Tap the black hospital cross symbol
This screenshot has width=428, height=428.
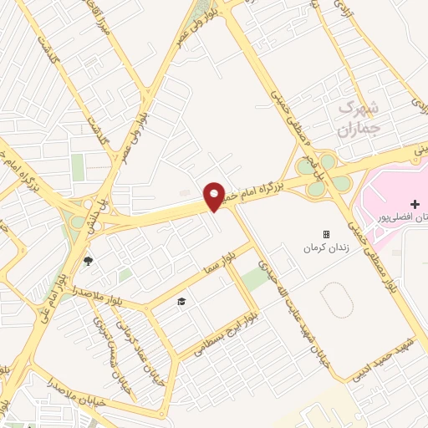click(415, 204)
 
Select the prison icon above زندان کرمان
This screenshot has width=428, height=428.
click(326, 235)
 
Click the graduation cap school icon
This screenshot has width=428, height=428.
click(180, 301)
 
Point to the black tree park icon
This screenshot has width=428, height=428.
click(88, 261)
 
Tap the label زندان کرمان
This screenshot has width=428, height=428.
click(326, 249)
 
